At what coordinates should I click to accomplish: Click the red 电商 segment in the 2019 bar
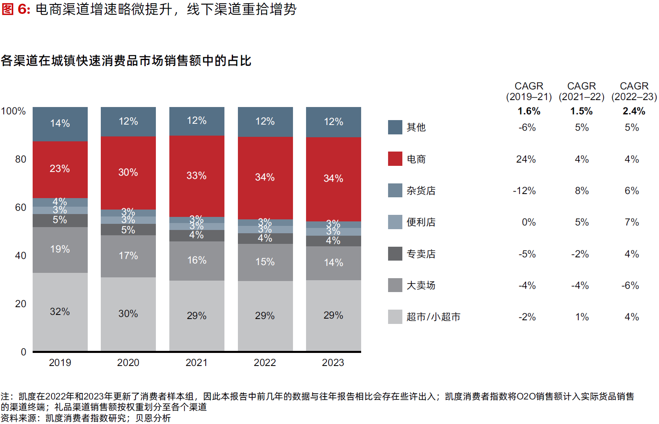[x=60, y=169]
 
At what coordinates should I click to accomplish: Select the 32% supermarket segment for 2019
[x=60, y=312]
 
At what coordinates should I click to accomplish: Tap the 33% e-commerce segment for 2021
[x=197, y=176]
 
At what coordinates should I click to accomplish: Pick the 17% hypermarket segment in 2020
[x=128, y=256]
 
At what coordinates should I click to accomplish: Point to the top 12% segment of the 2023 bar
[x=333, y=122]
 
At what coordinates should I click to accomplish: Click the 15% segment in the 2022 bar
[x=265, y=262]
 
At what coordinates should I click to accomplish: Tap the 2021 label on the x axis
[x=197, y=363]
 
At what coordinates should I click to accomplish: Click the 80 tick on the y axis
[x=20, y=159]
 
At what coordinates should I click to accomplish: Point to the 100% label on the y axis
[x=13, y=111]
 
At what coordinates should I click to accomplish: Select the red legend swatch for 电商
[x=395, y=159]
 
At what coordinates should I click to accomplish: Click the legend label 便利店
[x=421, y=222]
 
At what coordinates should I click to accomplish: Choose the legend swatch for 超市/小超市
[x=395, y=317]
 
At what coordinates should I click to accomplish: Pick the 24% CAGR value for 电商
[x=526, y=159]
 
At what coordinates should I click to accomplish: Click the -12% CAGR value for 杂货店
[x=524, y=191]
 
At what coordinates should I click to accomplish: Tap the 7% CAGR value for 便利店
[x=632, y=222]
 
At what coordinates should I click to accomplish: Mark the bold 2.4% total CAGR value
[x=634, y=111]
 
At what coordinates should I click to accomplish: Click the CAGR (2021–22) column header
[x=581, y=91]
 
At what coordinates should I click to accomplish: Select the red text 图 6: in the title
[x=16, y=9]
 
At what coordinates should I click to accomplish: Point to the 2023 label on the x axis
[x=333, y=363]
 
